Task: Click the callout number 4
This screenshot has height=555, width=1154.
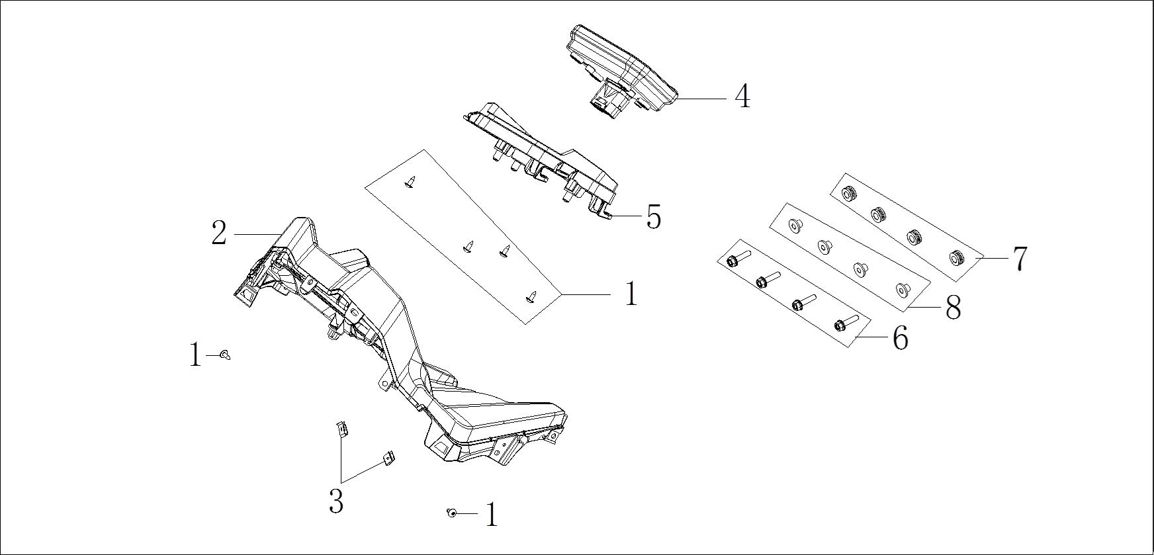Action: (742, 97)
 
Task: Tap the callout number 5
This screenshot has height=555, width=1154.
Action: (653, 217)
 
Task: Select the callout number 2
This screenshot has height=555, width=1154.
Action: (219, 234)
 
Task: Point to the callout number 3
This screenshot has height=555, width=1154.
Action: (336, 501)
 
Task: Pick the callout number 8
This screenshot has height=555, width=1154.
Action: (953, 308)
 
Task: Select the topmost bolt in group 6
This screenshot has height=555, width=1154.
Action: (736, 260)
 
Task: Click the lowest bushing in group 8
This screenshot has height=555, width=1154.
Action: (899, 288)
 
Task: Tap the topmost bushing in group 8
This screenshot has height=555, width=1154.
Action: (793, 226)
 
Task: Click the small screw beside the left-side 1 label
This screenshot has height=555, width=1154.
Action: (226, 355)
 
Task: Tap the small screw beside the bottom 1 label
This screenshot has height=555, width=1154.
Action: (451, 513)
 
